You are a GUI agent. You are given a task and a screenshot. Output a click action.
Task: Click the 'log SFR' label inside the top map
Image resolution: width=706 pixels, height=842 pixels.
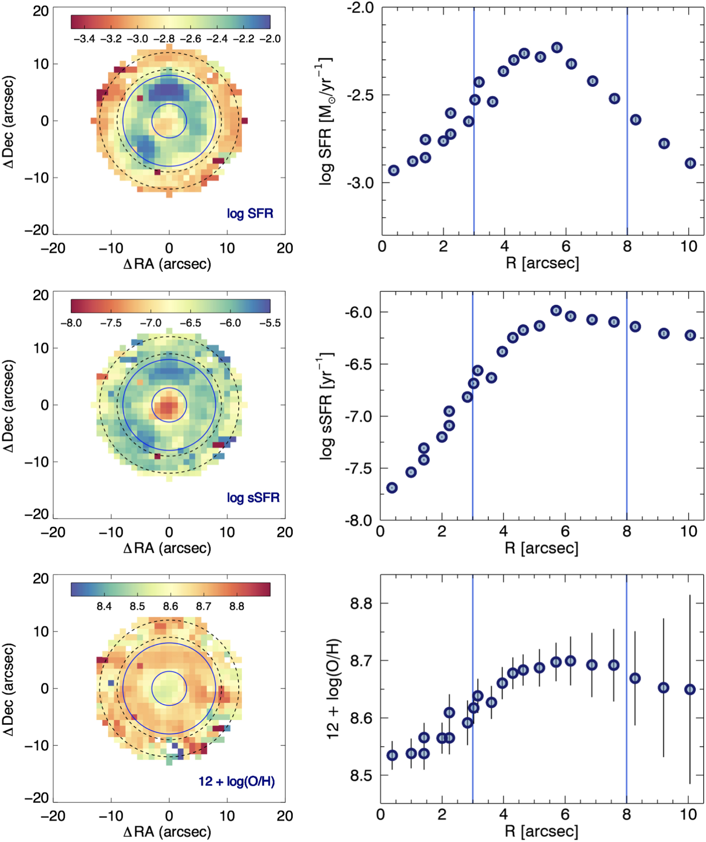point(250,213)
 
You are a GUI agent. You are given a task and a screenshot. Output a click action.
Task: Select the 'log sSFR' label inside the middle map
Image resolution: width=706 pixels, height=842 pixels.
point(253,497)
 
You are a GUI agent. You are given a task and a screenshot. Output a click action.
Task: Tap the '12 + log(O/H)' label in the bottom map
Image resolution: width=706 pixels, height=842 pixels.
point(237,781)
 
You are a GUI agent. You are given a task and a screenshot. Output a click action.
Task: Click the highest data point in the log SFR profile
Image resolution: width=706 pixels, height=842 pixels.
point(557,47)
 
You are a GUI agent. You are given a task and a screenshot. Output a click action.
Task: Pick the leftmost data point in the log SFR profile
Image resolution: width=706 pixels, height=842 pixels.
point(393,170)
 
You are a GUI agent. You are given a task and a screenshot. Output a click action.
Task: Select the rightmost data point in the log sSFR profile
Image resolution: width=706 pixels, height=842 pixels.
point(690,335)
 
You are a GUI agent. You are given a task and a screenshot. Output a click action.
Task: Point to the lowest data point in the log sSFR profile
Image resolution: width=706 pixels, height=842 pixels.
point(392,488)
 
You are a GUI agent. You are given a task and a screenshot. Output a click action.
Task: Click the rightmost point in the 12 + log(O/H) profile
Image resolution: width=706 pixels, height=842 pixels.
point(690,689)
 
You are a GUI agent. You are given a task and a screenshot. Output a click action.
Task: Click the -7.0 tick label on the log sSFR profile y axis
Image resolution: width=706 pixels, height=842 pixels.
point(359,417)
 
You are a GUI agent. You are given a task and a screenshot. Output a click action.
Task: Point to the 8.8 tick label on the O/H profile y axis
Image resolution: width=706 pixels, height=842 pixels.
point(361,603)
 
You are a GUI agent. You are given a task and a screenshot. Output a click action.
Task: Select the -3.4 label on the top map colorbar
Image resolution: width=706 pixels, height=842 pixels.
point(84,39)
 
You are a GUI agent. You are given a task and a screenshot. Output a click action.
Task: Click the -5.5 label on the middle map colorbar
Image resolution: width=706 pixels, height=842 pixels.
point(270,323)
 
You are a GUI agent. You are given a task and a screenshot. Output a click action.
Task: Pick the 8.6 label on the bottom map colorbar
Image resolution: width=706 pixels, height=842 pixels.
point(170,606)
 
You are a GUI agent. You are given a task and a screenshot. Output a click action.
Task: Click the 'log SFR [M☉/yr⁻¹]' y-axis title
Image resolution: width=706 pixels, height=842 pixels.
point(326,121)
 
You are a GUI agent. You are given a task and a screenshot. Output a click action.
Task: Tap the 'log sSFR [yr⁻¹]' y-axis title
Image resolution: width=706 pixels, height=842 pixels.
point(326,405)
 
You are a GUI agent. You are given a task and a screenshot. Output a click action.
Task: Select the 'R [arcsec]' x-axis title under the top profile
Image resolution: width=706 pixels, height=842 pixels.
point(542,263)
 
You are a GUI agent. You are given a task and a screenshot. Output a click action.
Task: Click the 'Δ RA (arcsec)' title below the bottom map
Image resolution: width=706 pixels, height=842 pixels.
point(167,831)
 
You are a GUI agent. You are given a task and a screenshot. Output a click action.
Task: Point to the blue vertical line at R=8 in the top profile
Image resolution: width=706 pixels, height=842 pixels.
point(627,135)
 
